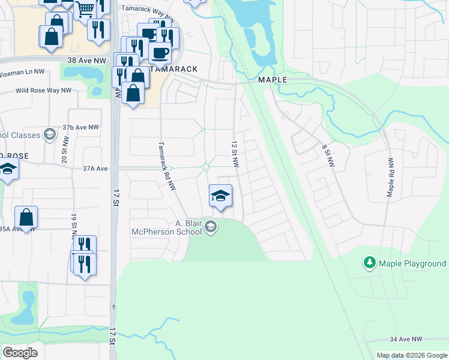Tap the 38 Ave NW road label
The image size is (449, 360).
(x=86, y=61)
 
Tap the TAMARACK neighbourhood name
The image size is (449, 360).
(x=176, y=69)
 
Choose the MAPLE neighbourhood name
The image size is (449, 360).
(x=273, y=80)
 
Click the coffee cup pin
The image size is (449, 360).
(x=160, y=53)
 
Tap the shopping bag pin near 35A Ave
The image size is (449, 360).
(x=26, y=217)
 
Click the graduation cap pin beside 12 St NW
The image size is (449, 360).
(x=220, y=196)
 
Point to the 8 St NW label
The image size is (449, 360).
(x=327, y=155)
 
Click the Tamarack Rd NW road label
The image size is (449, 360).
(x=166, y=166)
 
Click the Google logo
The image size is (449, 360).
(x=20, y=353)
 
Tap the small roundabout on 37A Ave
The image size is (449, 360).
(x=206, y=167)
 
